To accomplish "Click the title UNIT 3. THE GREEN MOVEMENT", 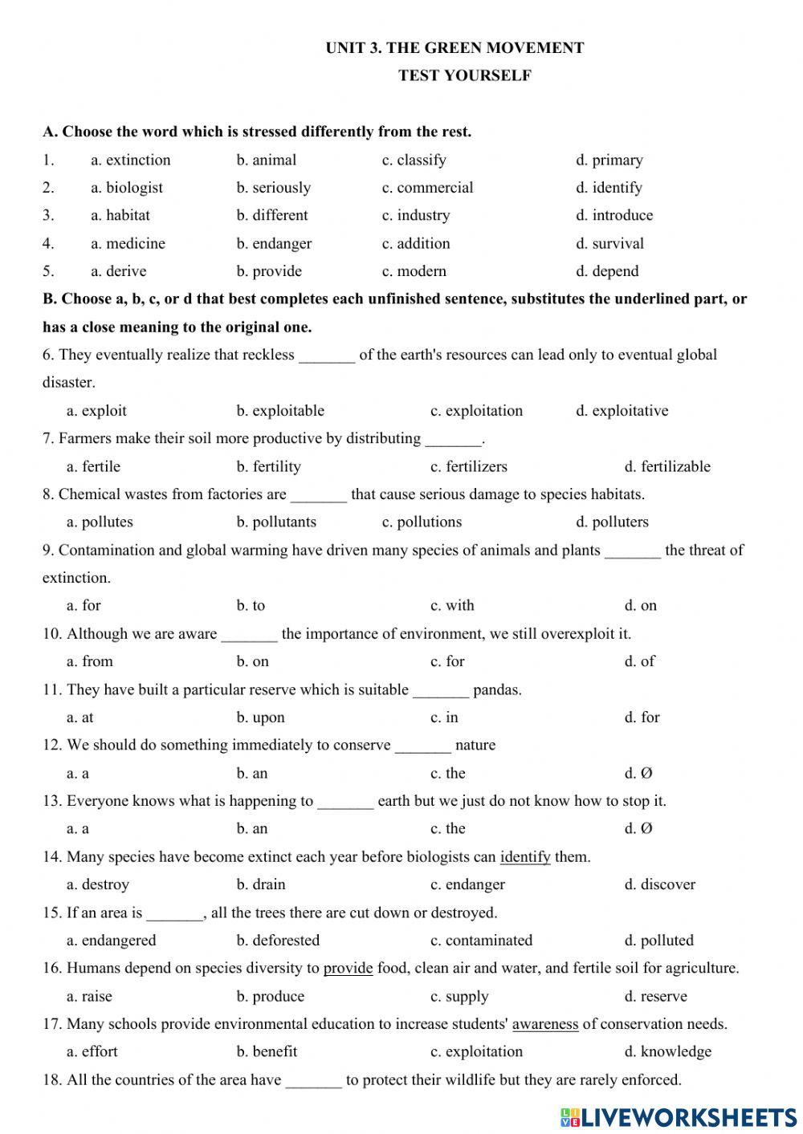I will pos(454,48).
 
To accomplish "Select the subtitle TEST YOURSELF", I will pos(464,76).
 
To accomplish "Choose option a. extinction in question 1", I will pos(130,160).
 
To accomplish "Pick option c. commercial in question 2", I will pos(427,188).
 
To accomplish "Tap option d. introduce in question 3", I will pos(614,215).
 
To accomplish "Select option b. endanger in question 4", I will pos(274,243).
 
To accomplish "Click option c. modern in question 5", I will pos(414,271).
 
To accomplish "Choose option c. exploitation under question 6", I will pos(476,411).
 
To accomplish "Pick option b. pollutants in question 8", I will pos(276,522).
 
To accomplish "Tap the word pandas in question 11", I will pos(497,689).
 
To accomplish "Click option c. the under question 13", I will pos(447,828).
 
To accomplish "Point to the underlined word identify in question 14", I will pos(525,857).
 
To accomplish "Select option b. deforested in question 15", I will pos(278,940).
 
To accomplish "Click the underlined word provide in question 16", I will pos(348,968).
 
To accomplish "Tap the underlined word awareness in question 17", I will pos(545,1024).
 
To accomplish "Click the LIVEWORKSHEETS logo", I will pos(679,1116).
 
